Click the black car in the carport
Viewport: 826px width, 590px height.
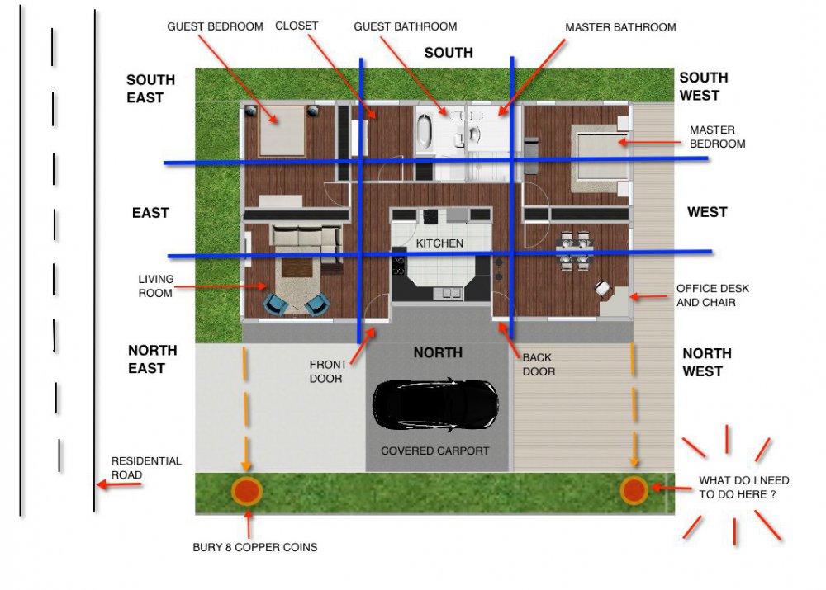coord(435,404)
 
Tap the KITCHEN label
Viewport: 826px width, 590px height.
coord(439,243)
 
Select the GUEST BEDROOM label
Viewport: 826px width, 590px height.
coord(215,26)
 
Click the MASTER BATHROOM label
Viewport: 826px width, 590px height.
coord(620,27)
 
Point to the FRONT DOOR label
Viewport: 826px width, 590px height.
coord(328,371)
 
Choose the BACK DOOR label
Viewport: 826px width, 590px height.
coord(539,364)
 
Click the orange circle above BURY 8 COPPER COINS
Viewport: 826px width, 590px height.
coord(246,491)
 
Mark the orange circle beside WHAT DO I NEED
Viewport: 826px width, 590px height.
coord(634,490)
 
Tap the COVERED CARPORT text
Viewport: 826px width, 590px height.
coord(435,451)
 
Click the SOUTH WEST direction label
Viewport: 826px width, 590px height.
coord(703,87)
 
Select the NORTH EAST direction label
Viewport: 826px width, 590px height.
coord(152,359)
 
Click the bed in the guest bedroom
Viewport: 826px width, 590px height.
coord(282,130)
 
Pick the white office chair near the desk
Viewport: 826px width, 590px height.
coord(602,288)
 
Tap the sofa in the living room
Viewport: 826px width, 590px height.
coord(306,237)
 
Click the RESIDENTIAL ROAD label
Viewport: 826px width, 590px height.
coord(146,467)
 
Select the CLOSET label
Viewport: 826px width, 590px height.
coord(297,26)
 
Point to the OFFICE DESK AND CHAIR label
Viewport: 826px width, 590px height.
coord(712,295)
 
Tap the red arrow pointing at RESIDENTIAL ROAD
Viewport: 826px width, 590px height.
coord(118,484)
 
